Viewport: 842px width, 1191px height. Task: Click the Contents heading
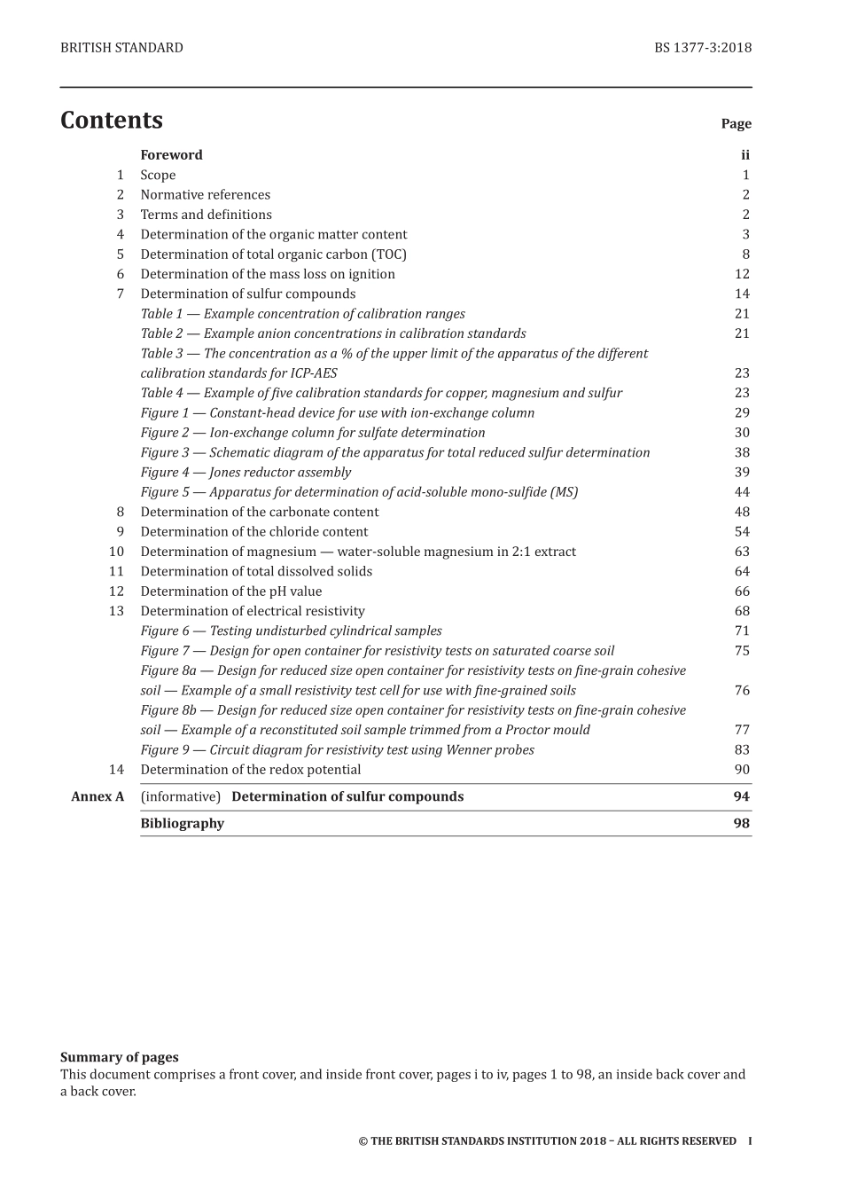pyautogui.click(x=112, y=121)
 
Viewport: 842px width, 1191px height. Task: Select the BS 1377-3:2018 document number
pyautogui.click(x=703, y=48)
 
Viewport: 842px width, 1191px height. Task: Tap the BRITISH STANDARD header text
pyautogui.click(x=121, y=48)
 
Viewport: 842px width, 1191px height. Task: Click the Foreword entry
pyautogui.click(x=171, y=155)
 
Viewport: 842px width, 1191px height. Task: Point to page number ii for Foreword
pyautogui.click(x=745, y=155)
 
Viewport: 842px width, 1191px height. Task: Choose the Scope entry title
pyautogui.click(x=158, y=176)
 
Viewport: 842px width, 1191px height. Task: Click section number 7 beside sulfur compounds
pyautogui.click(x=120, y=294)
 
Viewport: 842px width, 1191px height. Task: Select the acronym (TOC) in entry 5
pyautogui.click(x=389, y=255)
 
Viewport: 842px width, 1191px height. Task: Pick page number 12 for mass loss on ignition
pyautogui.click(x=742, y=274)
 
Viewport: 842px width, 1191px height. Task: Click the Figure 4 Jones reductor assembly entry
pyautogui.click(x=246, y=473)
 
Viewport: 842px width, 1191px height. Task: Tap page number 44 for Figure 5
pyautogui.click(x=742, y=492)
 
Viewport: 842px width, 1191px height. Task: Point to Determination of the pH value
pyautogui.click(x=231, y=592)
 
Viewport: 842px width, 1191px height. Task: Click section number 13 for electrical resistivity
pyautogui.click(x=117, y=611)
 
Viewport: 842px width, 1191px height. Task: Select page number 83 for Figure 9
pyautogui.click(x=742, y=749)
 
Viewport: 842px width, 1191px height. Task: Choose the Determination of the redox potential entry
pyautogui.click(x=251, y=770)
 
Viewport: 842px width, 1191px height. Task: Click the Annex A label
pyautogui.click(x=97, y=796)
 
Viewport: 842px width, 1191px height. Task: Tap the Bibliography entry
pyautogui.click(x=183, y=823)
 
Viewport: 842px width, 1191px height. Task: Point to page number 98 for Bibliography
pyautogui.click(x=742, y=823)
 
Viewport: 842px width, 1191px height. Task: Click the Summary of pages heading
pyautogui.click(x=119, y=1057)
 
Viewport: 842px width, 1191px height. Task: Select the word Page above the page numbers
pyautogui.click(x=736, y=124)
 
